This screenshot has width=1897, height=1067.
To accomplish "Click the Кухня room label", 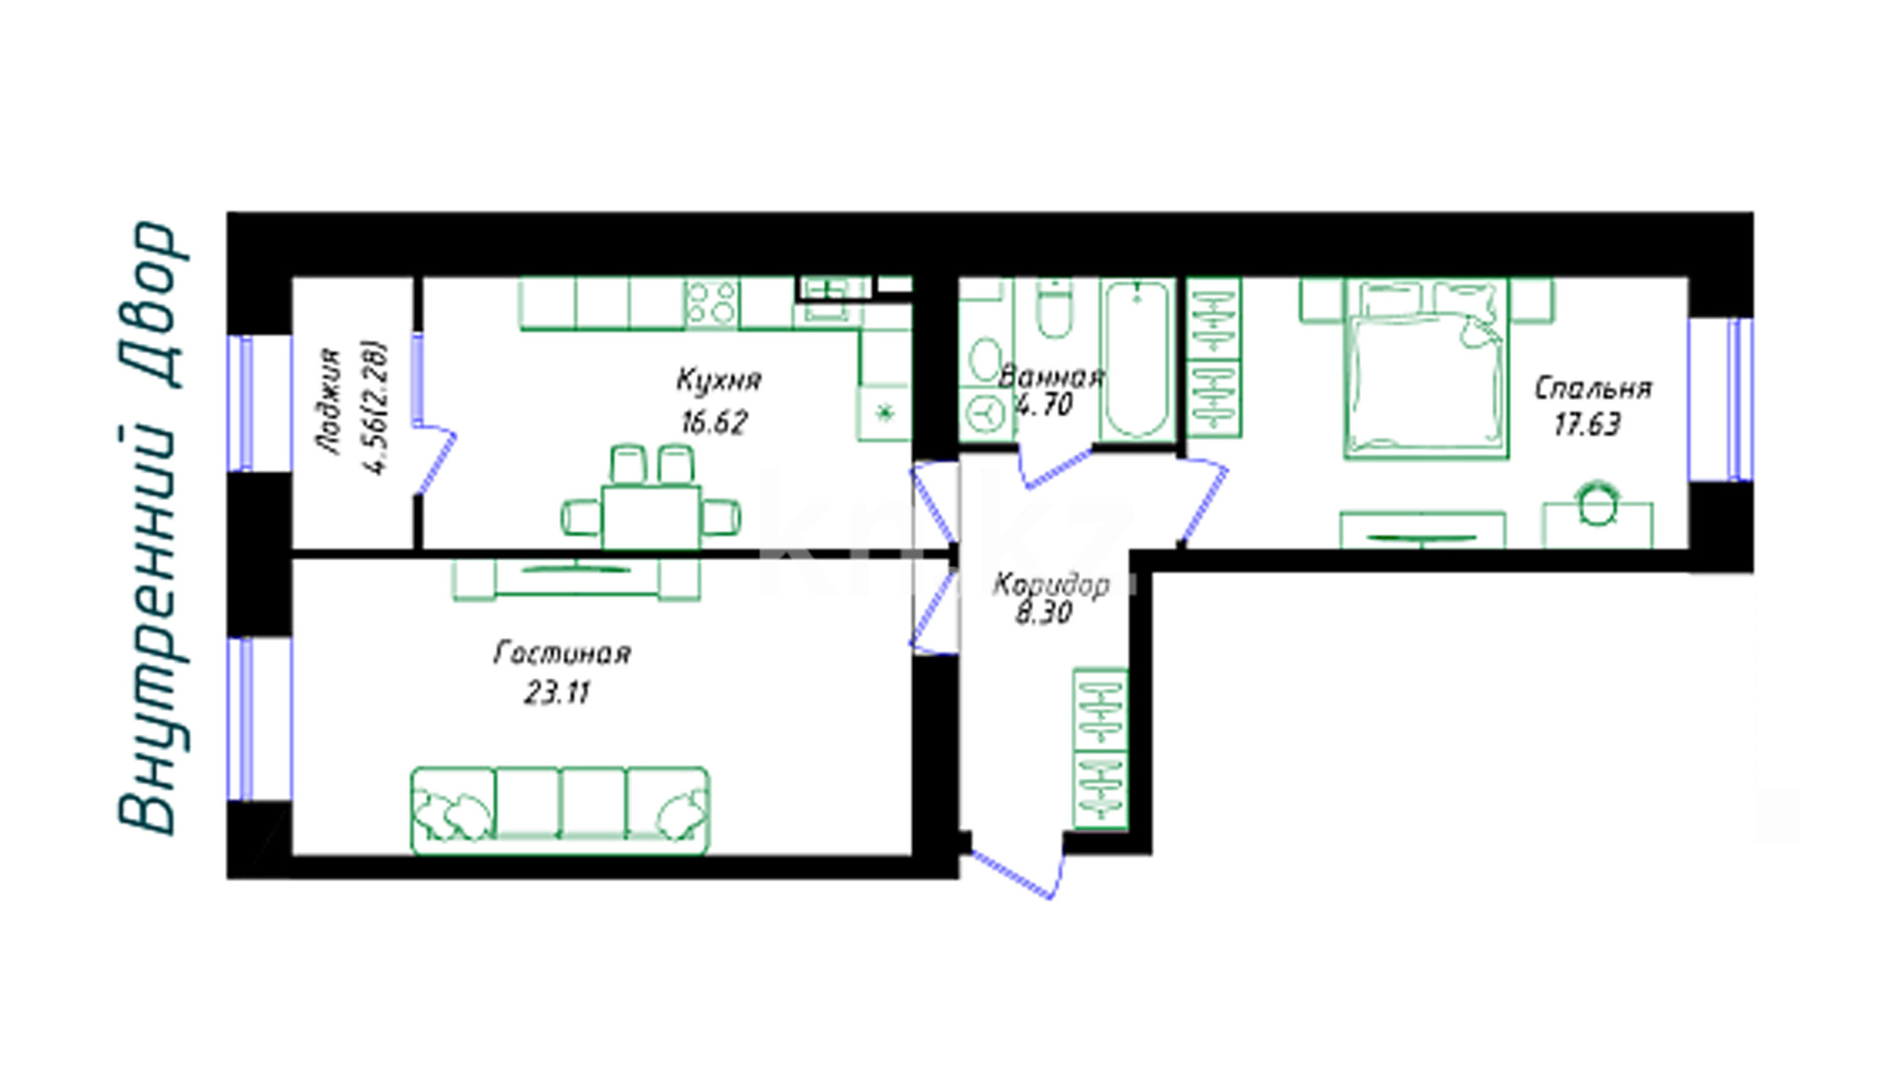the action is tap(718, 380).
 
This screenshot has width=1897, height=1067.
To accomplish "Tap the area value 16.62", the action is tap(713, 423).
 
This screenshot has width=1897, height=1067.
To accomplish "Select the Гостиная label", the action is tap(561, 653).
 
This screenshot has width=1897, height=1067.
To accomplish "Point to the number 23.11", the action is tap(556, 694).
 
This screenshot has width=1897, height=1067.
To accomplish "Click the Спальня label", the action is tap(1593, 388).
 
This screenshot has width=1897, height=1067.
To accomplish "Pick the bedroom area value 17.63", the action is tap(1587, 425).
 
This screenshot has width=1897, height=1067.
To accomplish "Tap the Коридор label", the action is tap(1050, 585).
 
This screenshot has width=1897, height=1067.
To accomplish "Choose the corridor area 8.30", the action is tap(1043, 614).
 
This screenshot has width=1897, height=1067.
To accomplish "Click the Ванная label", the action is tap(1050, 376).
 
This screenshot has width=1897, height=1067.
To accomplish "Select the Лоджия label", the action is tap(330, 401).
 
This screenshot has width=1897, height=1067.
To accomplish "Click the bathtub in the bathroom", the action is tap(1137, 360).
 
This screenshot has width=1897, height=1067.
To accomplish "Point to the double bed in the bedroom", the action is tap(1426, 368).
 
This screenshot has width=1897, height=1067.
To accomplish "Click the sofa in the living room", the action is tap(560, 810).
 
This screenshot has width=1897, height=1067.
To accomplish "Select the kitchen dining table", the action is tap(651, 516).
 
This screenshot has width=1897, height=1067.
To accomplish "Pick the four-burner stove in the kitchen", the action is tap(712, 303).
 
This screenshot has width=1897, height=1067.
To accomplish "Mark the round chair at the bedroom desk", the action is tap(1597, 503).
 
